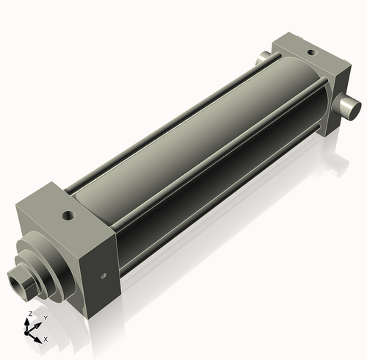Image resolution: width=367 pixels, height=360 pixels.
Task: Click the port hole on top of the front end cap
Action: click(68, 216)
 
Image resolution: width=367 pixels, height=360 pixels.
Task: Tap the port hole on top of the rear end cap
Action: click(311, 53)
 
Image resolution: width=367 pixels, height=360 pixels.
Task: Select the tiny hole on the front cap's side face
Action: click(102, 276)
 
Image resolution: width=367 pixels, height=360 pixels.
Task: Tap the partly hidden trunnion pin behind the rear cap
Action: click(264, 57)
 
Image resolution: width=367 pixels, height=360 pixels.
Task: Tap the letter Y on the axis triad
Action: click(45, 317)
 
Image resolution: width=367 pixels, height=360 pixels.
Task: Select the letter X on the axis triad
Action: click(46, 339)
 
